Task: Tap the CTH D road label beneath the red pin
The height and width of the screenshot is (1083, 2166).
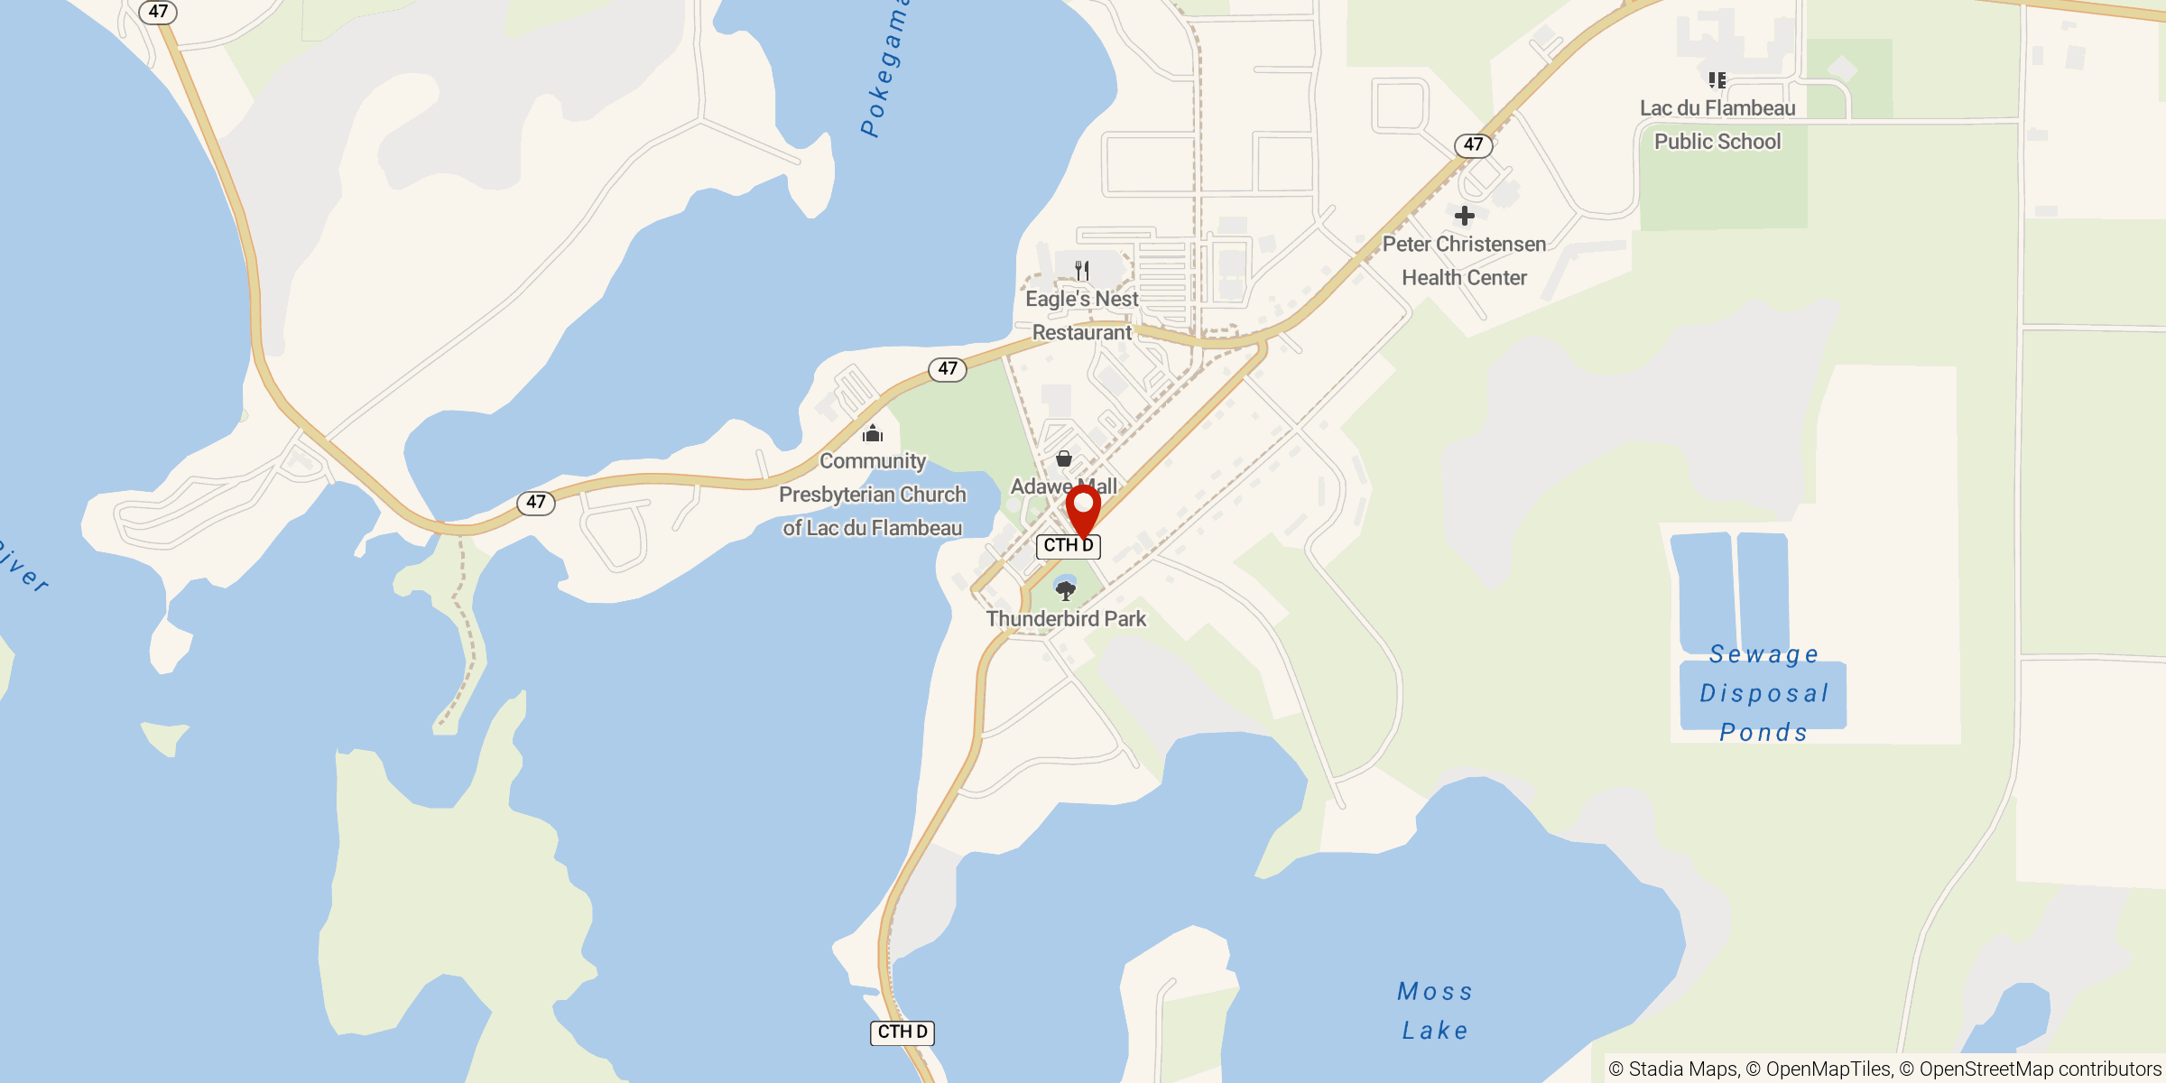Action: coord(1069,546)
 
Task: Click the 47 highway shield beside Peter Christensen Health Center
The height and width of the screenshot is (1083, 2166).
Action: coord(1474,144)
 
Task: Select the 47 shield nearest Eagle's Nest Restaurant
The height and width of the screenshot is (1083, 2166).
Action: coord(948,369)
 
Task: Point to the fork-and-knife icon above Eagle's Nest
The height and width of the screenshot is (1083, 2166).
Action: coord(1082,270)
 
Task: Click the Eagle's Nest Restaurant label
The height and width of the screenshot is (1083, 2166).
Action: coord(1082,316)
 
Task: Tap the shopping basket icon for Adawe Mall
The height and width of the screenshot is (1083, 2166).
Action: coord(1064,458)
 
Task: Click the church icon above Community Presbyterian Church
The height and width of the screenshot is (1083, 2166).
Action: coord(873,434)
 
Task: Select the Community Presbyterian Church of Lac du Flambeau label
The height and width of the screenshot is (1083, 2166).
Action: coord(873,495)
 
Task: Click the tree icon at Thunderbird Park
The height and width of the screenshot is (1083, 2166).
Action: coord(1066,591)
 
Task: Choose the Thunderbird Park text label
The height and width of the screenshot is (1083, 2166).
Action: coord(1066,619)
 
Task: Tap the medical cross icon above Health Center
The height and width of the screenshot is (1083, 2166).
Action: coord(1465,216)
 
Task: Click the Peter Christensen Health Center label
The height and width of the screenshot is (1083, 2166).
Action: coord(1464,261)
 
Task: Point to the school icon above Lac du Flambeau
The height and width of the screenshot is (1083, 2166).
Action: coord(1717,80)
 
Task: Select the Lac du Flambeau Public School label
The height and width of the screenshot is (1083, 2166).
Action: coord(1717,125)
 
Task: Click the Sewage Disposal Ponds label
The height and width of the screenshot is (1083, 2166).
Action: coord(1763,693)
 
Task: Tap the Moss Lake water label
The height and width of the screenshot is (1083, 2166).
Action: coord(1435,1011)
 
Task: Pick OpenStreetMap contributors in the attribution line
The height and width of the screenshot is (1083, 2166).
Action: coord(2040,1069)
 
